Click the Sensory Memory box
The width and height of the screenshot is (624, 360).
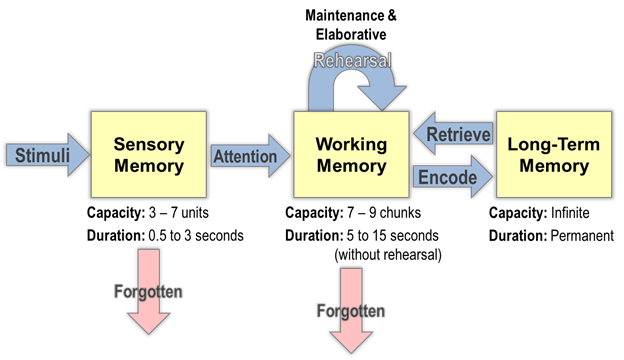(x=149, y=155)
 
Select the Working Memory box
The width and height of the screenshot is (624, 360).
(x=351, y=155)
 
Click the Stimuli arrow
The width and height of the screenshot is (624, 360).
(x=45, y=155)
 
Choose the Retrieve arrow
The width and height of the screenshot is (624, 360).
(x=456, y=134)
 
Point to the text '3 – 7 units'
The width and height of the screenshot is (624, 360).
(x=185, y=214)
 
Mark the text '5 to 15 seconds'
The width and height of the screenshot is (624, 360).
(x=396, y=235)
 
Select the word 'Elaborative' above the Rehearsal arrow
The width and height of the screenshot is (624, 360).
(x=350, y=35)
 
